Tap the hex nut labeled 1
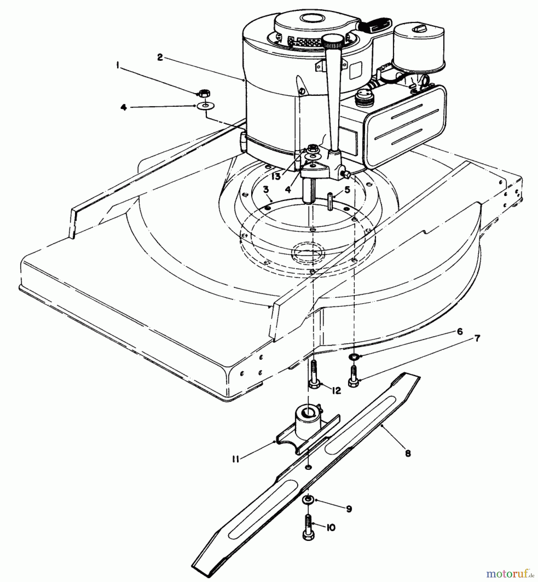pyautogui.click(x=204, y=93)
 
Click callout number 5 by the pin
pyautogui.click(x=347, y=190)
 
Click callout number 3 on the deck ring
pyautogui.click(x=266, y=190)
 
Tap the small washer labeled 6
pyautogui.click(x=355, y=356)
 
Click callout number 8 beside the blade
pyautogui.click(x=408, y=454)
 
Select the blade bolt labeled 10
pyautogui.click(x=308, y=526)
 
